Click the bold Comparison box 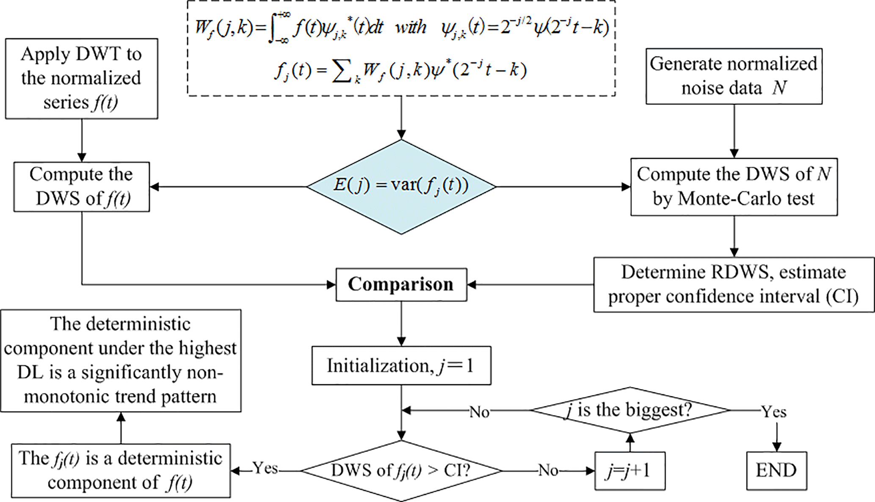[401, 284]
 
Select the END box [776, 470]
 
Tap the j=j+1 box [629, 471]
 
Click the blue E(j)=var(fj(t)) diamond [401, 186]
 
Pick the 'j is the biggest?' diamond [629, 410]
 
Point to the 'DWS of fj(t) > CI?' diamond [401, 471]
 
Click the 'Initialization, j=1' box [401, 366]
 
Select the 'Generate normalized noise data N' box [734, 76]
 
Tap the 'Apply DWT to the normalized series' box [81, 79]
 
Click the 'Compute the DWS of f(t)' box [81, 187]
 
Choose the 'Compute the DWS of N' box [734, 187]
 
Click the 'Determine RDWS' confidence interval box [734, 284]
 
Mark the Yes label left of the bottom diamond [265, 468]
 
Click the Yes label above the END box [773, 411]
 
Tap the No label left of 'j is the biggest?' [479, 412]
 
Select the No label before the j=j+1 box [548, 470]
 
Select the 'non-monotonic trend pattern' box [121, 361]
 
